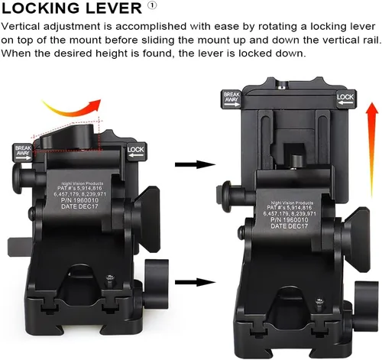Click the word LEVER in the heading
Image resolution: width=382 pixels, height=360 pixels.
pyautogui.click(x=113, y=8)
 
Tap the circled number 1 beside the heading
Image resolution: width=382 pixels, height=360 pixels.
pyautogui.click(x=152, y=5)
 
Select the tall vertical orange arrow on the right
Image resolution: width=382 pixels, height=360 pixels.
pyautogui.click(x=372, y=149)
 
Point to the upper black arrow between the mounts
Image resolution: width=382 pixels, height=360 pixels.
pyautogui.click(x=195, y=164)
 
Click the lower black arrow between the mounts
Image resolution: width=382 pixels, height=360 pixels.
pyautogui.click(x=195, y=282)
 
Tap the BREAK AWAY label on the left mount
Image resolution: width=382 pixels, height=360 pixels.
pyautogui.click(x=23, y=152)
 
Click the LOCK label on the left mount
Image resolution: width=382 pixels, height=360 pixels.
pyautogui.click(x=137, y=151)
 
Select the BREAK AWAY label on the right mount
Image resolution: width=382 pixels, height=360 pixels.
pyautogui.click(x=231, y=99)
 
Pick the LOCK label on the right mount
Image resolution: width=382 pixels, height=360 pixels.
pyautogui.click(x=345, y=99)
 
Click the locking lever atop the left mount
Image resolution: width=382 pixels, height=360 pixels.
pyautogui.click(x=68, y=136)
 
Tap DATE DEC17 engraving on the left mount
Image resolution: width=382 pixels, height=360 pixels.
pyautogui.click(x=79, y=206)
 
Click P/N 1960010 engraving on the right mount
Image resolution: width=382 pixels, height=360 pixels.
pyautogui.click(x=290, y=219)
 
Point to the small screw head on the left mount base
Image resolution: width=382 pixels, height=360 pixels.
pyautogui.click(x=110, y=278)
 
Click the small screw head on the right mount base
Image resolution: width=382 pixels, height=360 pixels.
pyautogui.click(x=319, y=301)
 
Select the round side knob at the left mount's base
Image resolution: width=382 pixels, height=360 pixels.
pyautogui.click(x=156, y=284)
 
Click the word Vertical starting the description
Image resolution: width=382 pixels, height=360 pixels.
pyautogui.click(x=21, y=26)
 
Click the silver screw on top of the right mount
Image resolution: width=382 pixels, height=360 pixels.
pyautogui.click(x=282, y=86)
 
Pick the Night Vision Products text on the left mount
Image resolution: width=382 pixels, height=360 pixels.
pyautogui.click(x=82, y=183)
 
